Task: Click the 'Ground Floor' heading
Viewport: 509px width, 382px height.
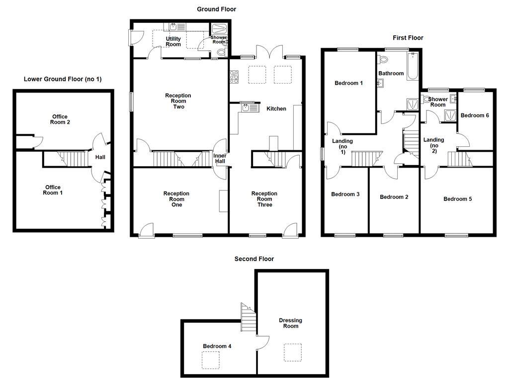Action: coord(216,9)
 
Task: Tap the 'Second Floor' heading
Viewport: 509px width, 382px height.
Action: coord(254,259)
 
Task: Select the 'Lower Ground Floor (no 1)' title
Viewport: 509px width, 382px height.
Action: coord(63,79)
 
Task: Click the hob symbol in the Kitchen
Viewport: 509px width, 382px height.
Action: coord(234,77)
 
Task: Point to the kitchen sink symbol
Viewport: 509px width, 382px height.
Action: coord(250,107)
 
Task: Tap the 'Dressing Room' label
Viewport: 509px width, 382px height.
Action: coord(291,323)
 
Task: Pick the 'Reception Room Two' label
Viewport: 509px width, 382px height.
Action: coord(178,101)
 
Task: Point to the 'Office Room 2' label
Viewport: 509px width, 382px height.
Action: coord(60,119)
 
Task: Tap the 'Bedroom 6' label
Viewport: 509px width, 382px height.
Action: coord(474,115)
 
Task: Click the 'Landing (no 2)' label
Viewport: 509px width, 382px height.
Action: coord(433,145)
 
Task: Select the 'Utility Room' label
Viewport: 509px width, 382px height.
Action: coord(173,41)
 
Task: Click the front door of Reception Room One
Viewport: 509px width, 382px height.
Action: coord(147,230)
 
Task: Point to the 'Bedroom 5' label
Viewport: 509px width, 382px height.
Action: coord(457,199)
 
